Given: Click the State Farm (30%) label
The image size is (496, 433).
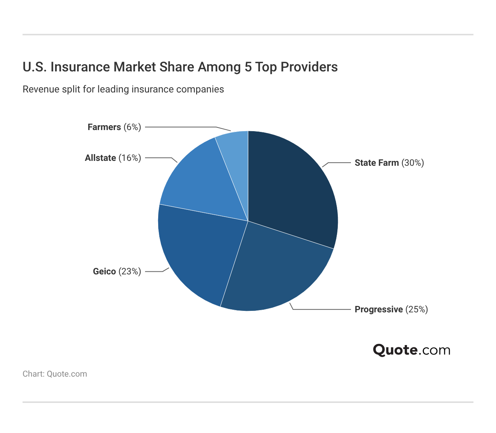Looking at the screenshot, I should (x=389, y=163).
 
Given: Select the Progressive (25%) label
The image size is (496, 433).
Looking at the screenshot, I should (x=391, y=309).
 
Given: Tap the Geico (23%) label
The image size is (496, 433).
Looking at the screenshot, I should (x=117, y=271).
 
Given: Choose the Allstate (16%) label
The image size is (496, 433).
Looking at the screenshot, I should (x=113, y=158).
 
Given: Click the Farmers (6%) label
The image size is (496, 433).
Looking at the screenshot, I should (x=114, y=127).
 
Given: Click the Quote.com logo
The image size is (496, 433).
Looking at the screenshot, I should (x=411, y=350).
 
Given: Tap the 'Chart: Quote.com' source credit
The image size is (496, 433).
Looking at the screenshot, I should (x=55, y=374).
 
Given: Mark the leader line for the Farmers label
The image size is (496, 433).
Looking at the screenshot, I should (x=180, y=127).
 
